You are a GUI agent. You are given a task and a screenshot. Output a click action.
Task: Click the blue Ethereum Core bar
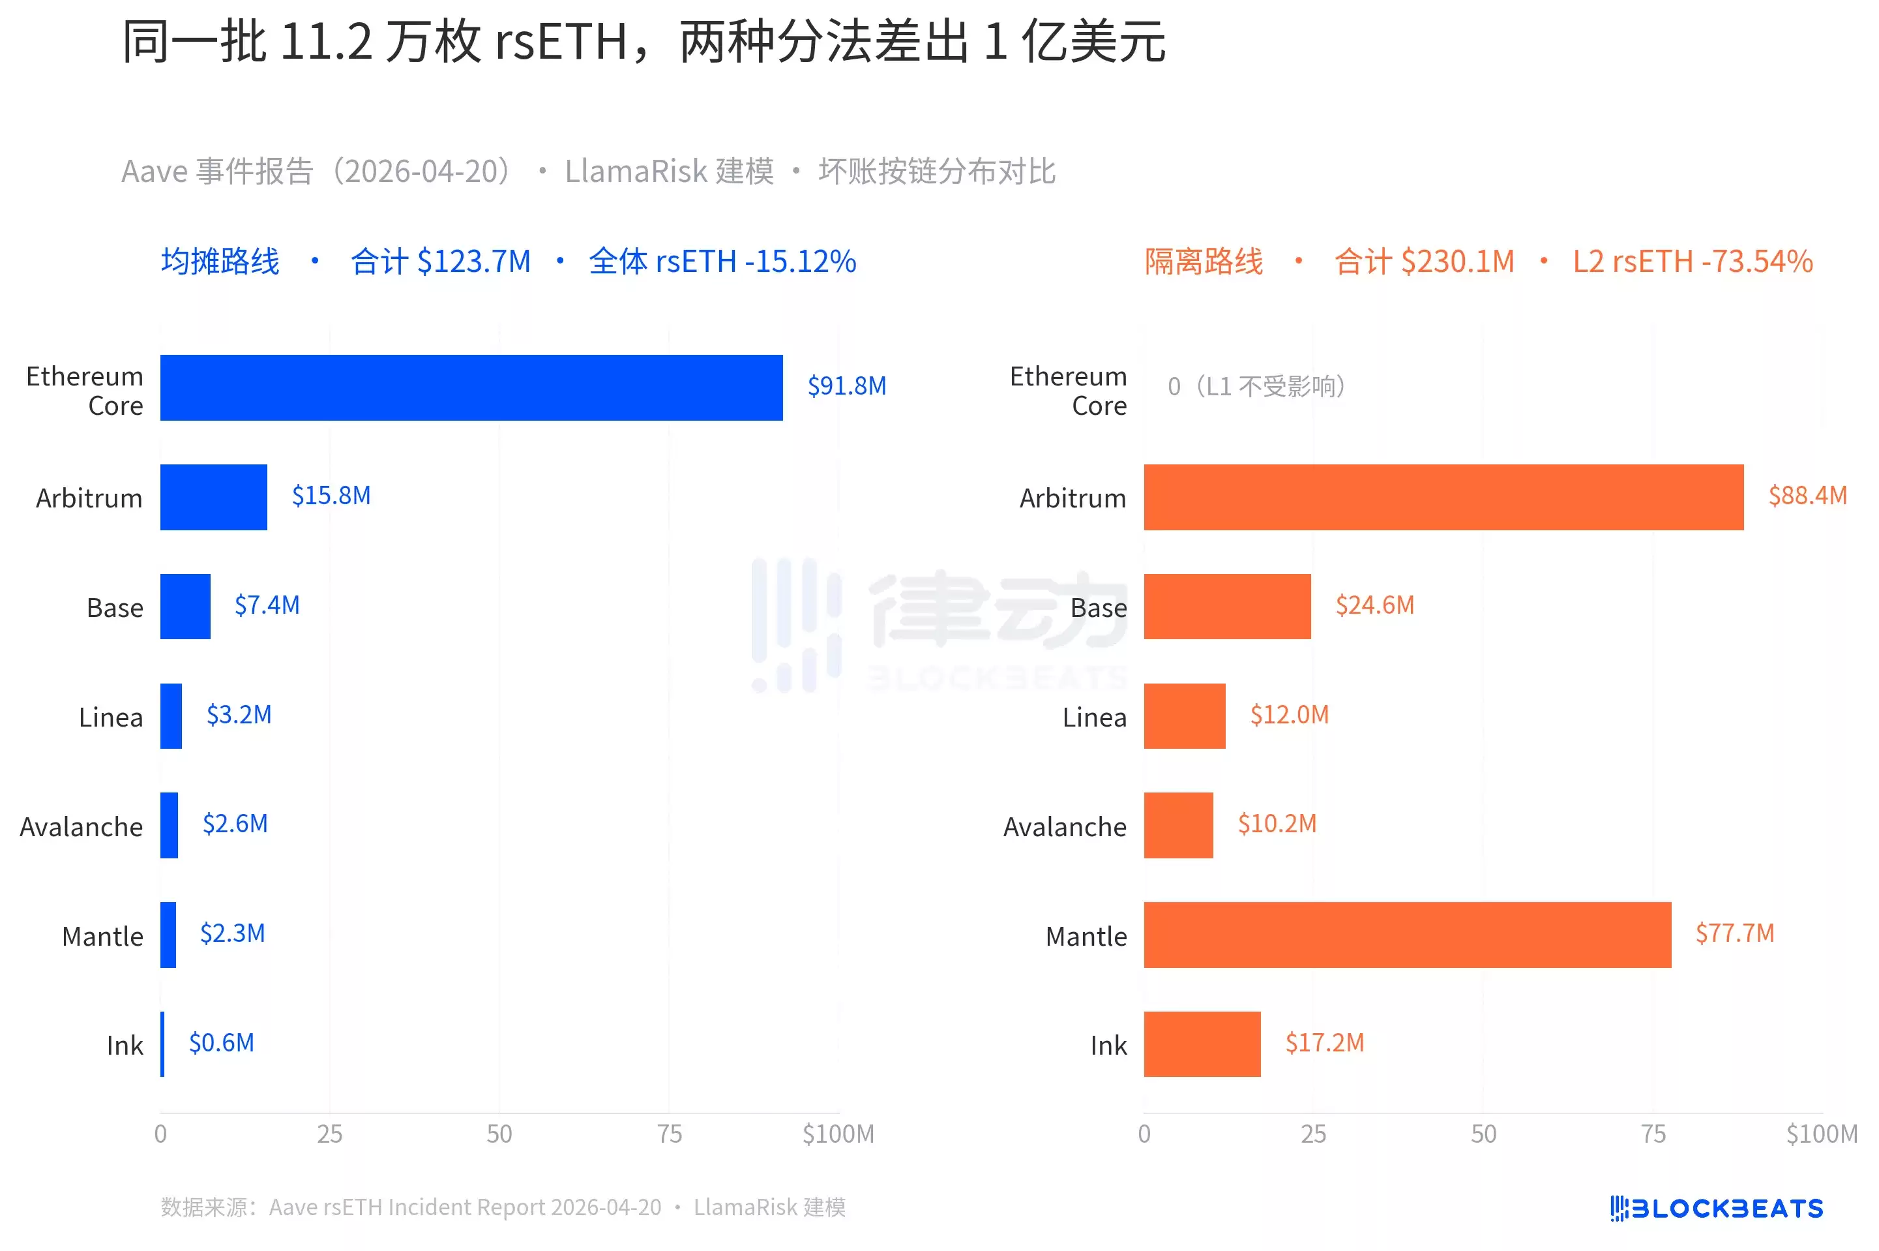(471, 387)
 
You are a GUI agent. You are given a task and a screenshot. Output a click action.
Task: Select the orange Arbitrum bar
(1443, 497)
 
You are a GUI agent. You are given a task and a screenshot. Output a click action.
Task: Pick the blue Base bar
(185, 607)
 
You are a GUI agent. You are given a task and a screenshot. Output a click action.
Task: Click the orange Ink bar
(1201, 1044)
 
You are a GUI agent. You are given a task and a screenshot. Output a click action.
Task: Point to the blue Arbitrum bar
(213, 497)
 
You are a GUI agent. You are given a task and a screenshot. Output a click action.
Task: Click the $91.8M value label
(846, 386)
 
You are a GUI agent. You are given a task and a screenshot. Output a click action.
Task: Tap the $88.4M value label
(1807, 496)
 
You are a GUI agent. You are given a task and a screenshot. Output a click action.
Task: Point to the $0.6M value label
(221, 1043)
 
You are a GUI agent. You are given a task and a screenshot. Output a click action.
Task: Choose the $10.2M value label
(1276, 823)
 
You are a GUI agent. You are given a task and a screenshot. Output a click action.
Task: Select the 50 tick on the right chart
(1483, 1134)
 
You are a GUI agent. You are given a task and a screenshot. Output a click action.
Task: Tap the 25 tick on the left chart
(329, 1134)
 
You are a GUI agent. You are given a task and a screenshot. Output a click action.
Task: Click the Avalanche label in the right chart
(1064, 826)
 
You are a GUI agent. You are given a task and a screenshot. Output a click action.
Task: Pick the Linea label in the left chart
(111, 717)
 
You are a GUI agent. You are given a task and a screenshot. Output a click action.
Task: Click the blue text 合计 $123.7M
(440, 262)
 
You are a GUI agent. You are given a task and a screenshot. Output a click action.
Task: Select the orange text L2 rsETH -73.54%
(1692, 262)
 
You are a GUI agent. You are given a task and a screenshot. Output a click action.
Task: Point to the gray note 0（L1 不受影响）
(1256, 387)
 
